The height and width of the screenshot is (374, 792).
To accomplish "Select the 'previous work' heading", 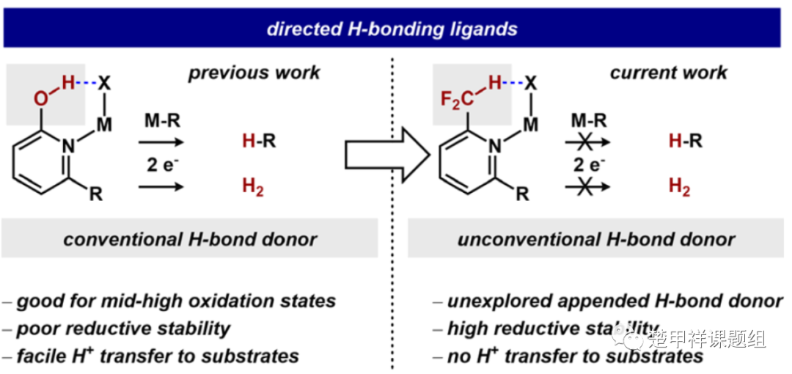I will point(254,73).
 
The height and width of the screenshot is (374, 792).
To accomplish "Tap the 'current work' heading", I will point(668,72).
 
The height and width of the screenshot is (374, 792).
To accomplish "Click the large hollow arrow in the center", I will point(386,155).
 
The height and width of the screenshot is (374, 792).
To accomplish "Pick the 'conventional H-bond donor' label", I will point(190,240).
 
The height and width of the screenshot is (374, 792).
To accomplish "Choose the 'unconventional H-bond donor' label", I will point(596,240).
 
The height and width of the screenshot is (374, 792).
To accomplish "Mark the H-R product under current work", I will point(686,141).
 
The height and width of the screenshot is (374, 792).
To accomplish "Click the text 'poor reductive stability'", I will point(123,329).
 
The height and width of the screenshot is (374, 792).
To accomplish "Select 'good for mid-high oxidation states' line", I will point(176,301).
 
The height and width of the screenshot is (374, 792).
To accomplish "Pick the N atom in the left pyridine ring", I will point(68,146).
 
